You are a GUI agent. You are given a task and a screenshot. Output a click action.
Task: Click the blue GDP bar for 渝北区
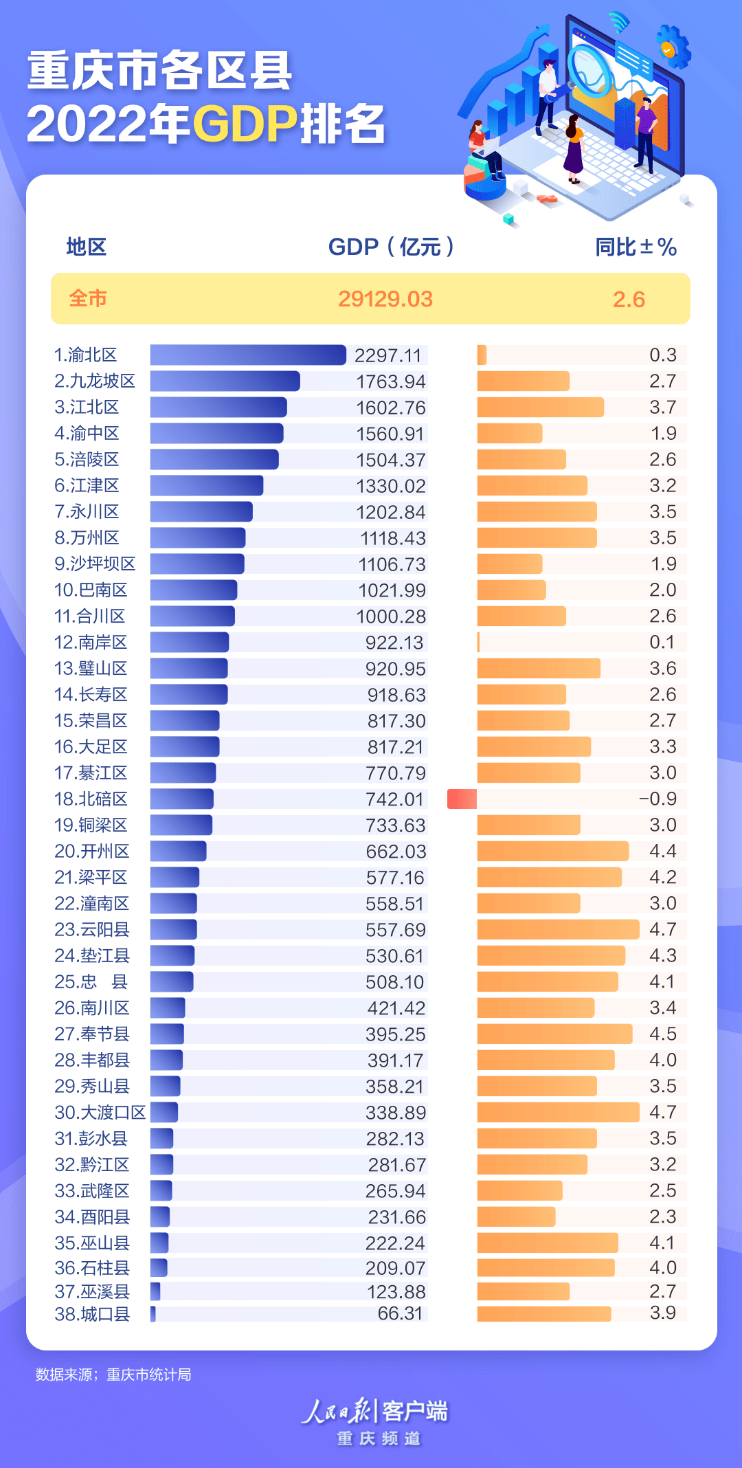coord(247,355)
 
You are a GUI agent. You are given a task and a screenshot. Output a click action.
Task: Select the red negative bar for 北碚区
coord(462,799)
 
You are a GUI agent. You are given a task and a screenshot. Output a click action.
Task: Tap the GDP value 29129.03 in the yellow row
coord(385,299)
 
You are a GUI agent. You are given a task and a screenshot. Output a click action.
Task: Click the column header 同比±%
coord(636,247)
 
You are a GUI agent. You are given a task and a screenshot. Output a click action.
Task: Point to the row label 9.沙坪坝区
coord(95,564)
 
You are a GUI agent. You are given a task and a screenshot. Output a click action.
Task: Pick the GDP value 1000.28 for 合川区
coord(391,616)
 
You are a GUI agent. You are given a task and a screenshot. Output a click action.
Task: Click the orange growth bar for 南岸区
coord(479,643)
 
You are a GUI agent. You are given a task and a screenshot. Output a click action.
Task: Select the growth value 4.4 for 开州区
coord(662,852)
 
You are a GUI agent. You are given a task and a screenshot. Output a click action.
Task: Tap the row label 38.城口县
coord(92,1314)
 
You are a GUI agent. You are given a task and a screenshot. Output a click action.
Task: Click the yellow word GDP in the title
coord(245,124)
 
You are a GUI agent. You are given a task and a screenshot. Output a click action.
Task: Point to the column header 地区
coord(86,247)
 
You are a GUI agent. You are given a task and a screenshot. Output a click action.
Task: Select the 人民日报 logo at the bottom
coord(337,1411)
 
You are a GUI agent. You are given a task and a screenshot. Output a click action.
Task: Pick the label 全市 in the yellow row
coord(87,299)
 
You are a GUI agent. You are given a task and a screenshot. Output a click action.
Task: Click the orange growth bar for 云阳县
coord(558,930)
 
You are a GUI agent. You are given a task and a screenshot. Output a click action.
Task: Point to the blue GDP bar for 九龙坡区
coord(225,381)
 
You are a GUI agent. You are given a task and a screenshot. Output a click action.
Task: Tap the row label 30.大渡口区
coord(100,1113)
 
